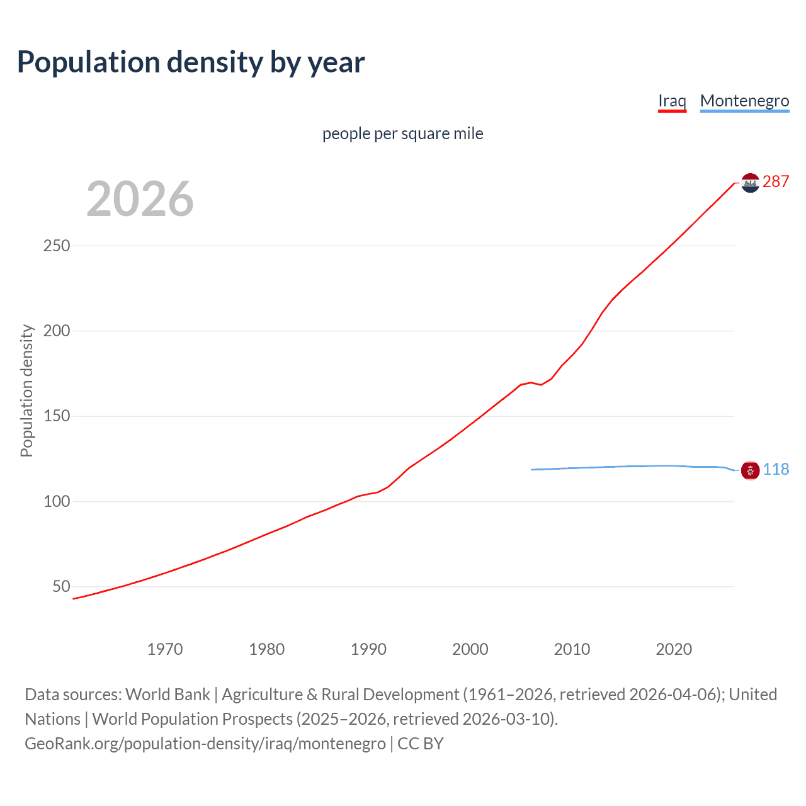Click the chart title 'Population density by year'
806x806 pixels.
click(x=191, y=62)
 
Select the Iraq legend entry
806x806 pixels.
click(x=672, y=101)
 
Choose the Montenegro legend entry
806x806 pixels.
click(x=744, y=101)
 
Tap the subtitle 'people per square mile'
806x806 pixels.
click(x=402, y=133)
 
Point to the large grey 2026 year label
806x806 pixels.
click(x=140, y=199)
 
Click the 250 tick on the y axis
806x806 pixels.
click(x=57, y=246)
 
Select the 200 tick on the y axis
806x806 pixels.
click(x=57, y=331)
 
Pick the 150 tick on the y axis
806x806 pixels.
click(x=57, y=416)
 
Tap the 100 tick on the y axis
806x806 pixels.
click(x=57, y=501)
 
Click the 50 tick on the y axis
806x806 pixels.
click(x=61, y=586)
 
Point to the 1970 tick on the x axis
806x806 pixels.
click(x=165, y=649)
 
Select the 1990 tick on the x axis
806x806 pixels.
click(x=368, y=649)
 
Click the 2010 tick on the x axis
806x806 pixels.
click(x=572, y=649)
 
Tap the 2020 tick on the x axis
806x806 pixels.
click(x=674, y=649)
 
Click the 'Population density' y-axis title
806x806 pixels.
click(x=26, y=390)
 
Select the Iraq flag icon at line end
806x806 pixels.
click(x=750, y=183)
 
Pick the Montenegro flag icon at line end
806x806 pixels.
click(x=750, y=470)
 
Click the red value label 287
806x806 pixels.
click(x=776, y=181)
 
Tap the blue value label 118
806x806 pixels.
click(x=776, y=469)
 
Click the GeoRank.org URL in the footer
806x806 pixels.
click(x=205, y=744)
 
